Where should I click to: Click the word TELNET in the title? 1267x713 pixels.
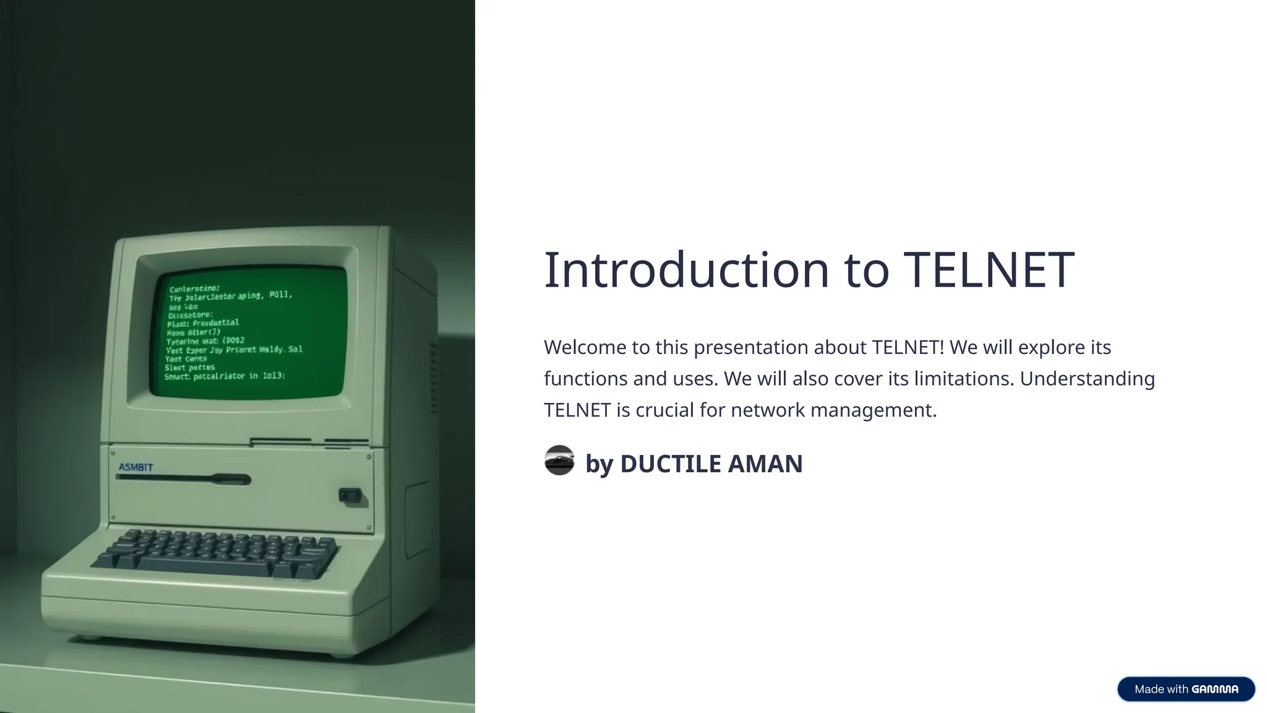(x=989, y=270)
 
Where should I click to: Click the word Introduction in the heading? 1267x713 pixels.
(x=686, y=270)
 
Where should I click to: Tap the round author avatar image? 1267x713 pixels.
(x=559, y=460)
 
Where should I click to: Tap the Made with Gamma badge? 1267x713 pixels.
(x=1185, y=689)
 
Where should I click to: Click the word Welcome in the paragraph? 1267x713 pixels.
(x=585, y=347)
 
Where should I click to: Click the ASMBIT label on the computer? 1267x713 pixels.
(x=135, y=467)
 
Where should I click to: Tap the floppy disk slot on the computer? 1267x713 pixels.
(x=184, y=478)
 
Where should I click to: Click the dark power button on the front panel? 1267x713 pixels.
(x=350, y=495)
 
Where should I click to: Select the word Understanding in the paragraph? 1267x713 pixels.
(x=1087, y=379)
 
